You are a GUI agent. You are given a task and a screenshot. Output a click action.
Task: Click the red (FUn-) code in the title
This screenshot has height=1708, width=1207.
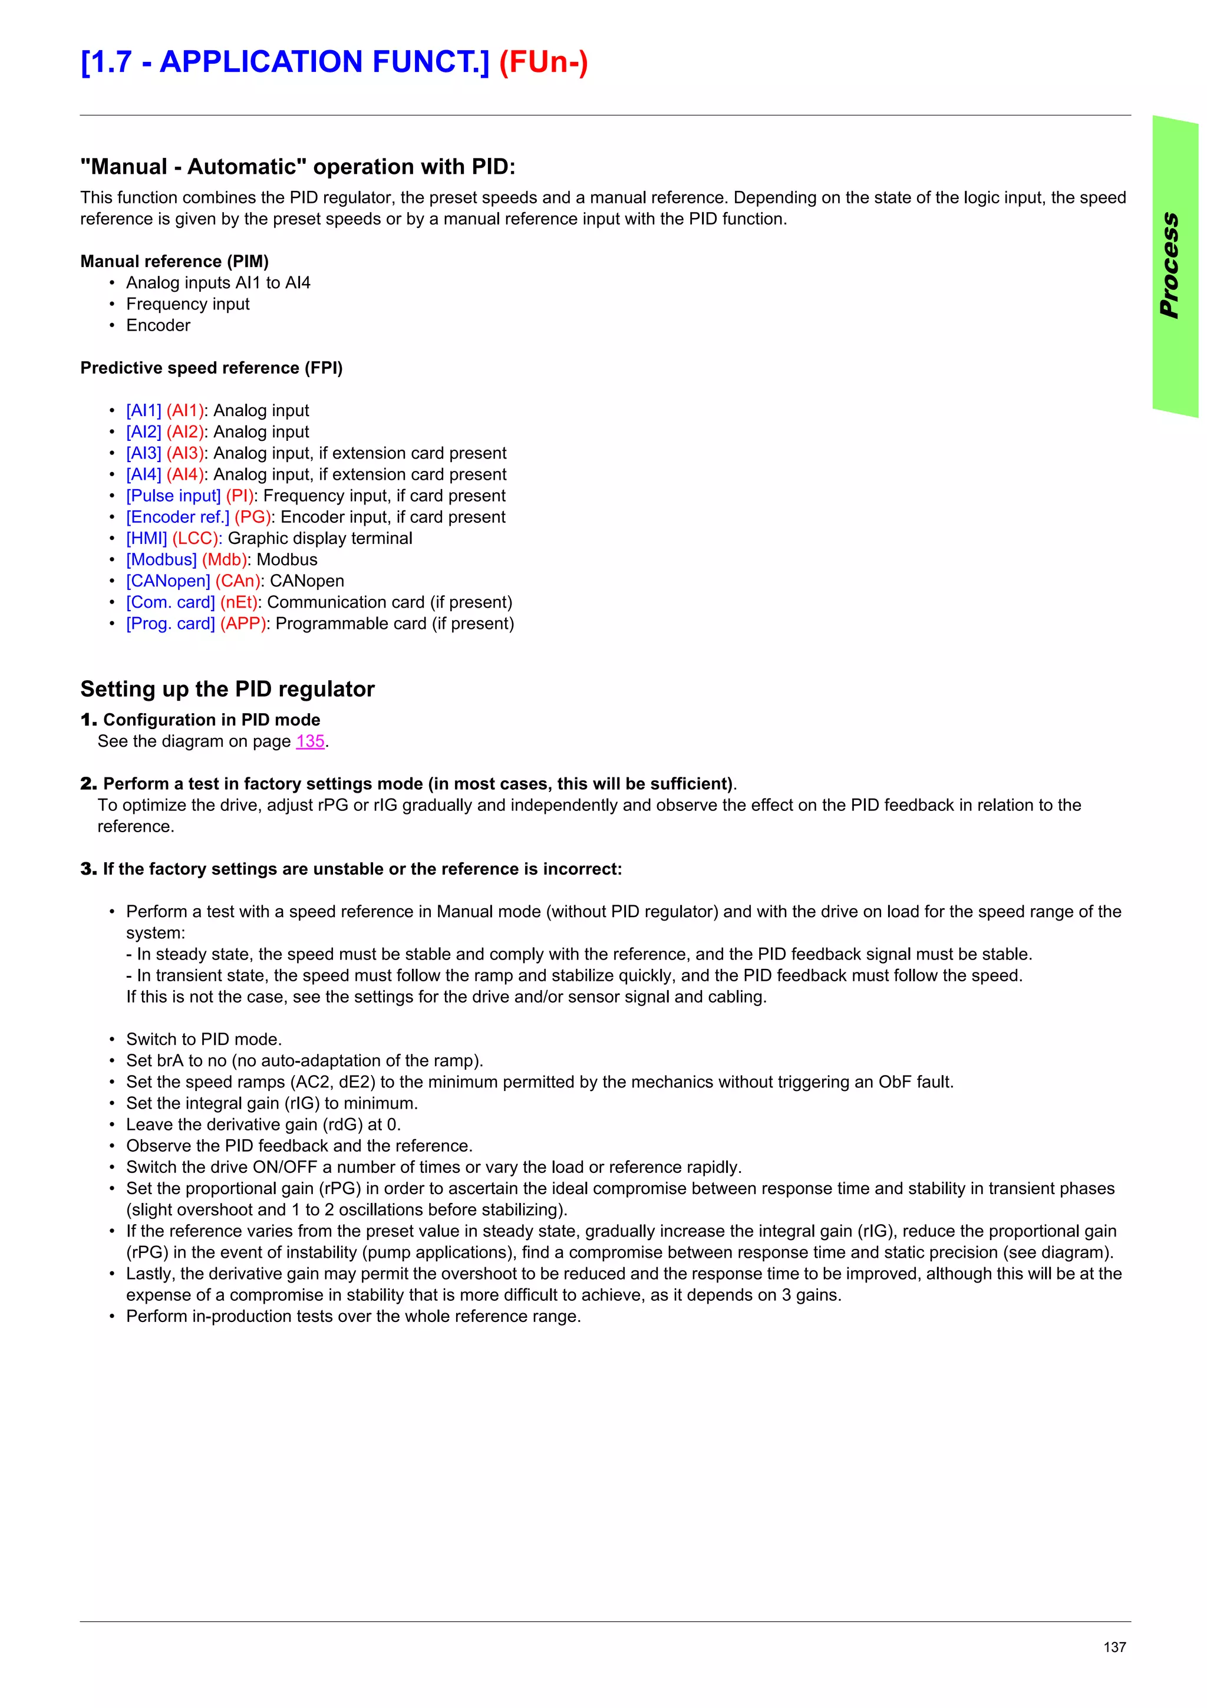[543, 62]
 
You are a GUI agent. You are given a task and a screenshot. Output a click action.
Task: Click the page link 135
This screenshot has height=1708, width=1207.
[310, 741]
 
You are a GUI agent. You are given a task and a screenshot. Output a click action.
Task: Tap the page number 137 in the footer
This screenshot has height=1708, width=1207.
[1114, 1647]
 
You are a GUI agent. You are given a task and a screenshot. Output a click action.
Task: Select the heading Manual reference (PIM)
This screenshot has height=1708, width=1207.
[174, 262]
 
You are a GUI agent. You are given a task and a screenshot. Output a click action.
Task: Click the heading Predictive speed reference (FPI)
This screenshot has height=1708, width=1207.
[211, 368]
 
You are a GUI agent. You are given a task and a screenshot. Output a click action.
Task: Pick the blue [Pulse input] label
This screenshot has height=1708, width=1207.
[173, 496]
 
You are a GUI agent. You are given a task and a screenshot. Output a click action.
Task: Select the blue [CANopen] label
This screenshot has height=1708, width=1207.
[168, 581]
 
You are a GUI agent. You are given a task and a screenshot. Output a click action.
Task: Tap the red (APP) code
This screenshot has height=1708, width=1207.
[243, 624]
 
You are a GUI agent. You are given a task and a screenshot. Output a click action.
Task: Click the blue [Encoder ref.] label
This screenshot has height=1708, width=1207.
[178, 517]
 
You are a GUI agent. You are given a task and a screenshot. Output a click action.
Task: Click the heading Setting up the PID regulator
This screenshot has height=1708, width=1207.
[227, 690]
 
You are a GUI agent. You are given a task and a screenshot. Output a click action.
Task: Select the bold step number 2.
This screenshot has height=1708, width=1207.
[88, 784]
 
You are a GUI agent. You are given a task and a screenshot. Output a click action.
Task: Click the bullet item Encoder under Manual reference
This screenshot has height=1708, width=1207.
[158, 326]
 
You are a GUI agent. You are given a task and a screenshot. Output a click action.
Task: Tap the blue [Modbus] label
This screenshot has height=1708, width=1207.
[161, 560]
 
